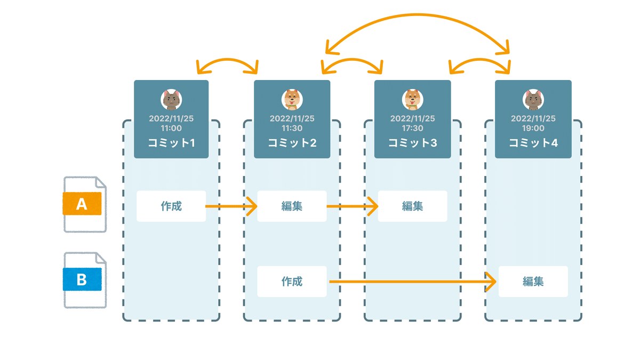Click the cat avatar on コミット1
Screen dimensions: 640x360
pos(171,99)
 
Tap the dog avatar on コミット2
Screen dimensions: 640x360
pos(292,99)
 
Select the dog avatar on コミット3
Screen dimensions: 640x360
pos(413,99)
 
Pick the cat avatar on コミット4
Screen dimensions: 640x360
pos(533,99)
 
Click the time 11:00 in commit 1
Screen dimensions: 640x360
pos(171,128)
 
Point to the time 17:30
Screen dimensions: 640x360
pos(413,128)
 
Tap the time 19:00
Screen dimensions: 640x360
pos(533,128)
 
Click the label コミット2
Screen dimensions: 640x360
pos(292,142)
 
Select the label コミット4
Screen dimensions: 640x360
pos(533,142)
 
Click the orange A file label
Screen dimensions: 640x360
pos(82,204)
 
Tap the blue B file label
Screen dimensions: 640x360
pos(82,279)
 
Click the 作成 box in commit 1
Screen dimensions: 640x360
pos(171,206)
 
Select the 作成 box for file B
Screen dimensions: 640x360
pos(292,282)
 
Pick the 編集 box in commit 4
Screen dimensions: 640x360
pos(533,282)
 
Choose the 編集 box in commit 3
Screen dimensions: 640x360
pos(413,206)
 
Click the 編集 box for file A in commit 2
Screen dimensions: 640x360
pos(292,206)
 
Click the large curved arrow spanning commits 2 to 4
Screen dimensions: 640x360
pos(417,14)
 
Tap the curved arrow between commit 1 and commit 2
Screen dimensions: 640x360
pos(227,59)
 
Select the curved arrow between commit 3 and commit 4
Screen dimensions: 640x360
pos(480,59)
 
